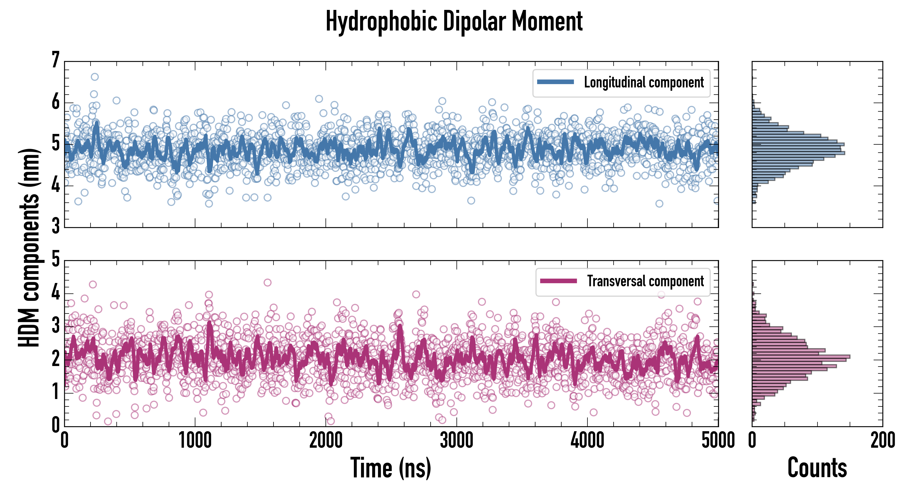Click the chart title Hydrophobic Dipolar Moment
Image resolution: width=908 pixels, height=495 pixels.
454,21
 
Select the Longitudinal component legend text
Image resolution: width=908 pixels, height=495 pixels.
644,82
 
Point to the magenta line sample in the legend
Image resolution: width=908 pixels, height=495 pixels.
558,281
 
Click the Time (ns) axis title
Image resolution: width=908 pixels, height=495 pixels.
390,468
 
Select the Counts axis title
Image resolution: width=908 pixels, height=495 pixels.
817,468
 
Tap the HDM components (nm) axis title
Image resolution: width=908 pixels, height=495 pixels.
29,247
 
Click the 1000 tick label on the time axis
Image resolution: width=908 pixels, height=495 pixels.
195,440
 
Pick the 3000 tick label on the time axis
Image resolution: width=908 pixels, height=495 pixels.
456,440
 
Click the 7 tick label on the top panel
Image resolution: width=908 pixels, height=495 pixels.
55,60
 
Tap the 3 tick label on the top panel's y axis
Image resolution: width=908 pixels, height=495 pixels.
55,226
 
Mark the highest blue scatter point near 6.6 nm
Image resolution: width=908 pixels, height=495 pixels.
94,77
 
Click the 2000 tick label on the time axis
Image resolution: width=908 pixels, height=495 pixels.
326,440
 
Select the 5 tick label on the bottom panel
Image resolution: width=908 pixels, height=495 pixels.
55,259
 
